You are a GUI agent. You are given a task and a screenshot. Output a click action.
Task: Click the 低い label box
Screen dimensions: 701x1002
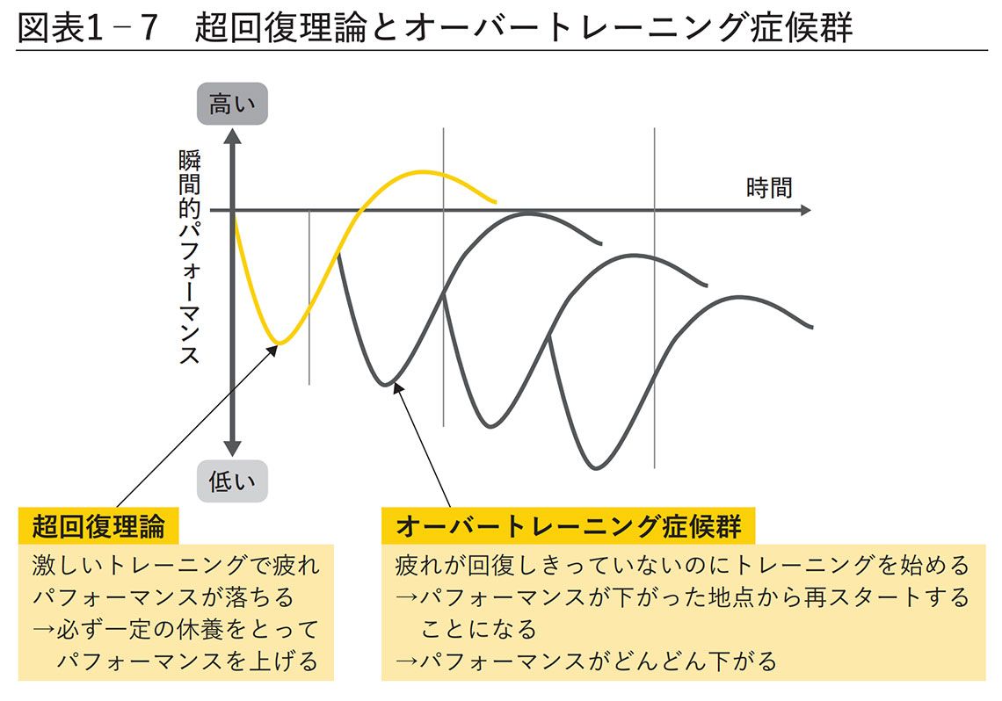232,481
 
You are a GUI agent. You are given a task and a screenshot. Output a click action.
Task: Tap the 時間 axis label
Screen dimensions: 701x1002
769,187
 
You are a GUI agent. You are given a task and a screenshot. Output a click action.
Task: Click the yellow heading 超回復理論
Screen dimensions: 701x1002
98,527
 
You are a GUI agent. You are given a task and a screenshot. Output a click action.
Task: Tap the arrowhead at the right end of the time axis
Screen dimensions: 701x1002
805,211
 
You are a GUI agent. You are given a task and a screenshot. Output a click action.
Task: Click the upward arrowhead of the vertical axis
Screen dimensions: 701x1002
232,135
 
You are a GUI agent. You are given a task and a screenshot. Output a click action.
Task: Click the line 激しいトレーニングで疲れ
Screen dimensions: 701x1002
176,565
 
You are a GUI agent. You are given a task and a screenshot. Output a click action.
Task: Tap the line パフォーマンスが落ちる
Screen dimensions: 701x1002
163,597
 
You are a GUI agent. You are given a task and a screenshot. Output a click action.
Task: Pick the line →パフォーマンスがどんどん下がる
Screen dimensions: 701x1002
586,661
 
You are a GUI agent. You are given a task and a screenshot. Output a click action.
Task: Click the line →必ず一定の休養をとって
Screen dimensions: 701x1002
176,629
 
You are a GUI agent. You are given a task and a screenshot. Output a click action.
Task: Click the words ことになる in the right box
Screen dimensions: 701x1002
478,629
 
